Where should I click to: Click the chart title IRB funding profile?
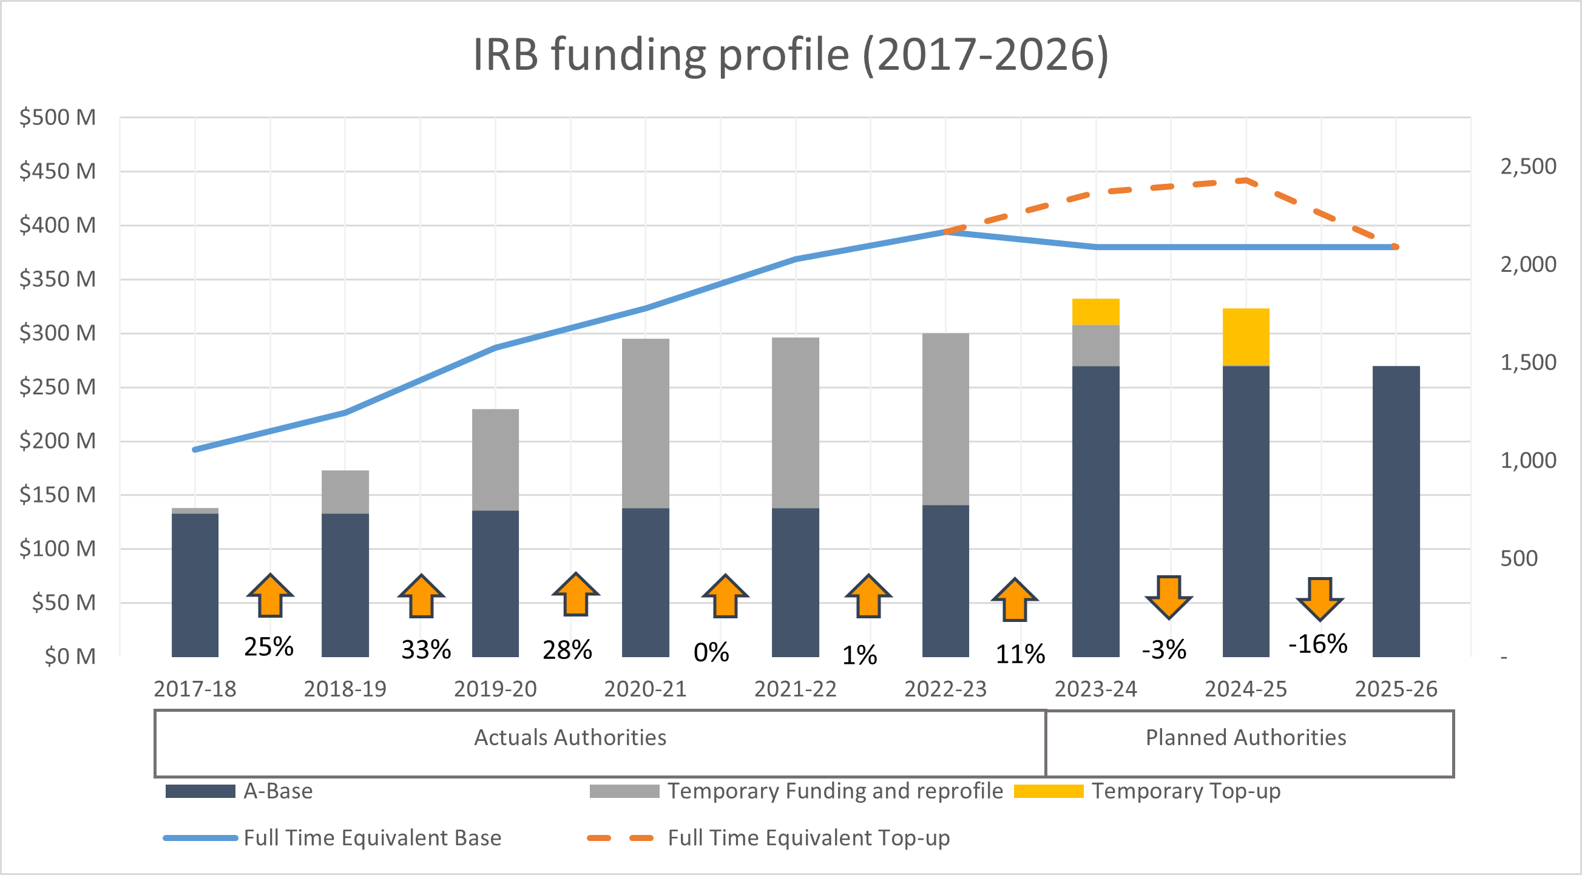(x=790, y=55)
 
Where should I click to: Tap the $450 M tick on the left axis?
(x=58, y=171)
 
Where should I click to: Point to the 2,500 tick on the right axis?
(x=1528, y=166)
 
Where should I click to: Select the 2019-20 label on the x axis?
(x=495, y=689)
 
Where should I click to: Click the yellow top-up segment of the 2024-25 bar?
(x=1245, y=337)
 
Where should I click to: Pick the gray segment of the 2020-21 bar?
(x=646, y=423)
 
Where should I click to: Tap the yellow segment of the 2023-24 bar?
(x=1095, y=312)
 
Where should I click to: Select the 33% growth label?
(x=425, y=650)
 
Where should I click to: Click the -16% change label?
(x=1317, y=644)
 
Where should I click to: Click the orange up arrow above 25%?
(x=270, y=596)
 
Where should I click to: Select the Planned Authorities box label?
(x=1245, y=737)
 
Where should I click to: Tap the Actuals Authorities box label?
(x=570, y=737)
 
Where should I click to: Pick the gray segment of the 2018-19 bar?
(x=345, y=492)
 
